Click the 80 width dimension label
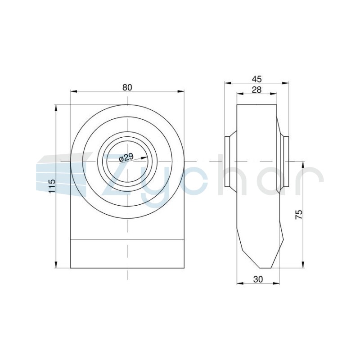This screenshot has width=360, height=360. point(127,87)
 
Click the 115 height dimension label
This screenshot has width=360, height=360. point(52,186)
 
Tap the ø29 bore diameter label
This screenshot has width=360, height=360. point(126,158)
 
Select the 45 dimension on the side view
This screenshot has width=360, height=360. point(256,79)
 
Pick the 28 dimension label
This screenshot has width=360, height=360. point(256,90)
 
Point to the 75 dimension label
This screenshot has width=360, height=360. point(299,215)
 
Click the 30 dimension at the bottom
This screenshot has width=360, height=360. point(258,279)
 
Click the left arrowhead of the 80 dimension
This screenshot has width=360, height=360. point(73,92)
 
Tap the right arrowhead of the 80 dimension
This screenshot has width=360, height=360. point(181,92)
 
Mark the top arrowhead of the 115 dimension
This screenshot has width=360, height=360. point(56,108)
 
